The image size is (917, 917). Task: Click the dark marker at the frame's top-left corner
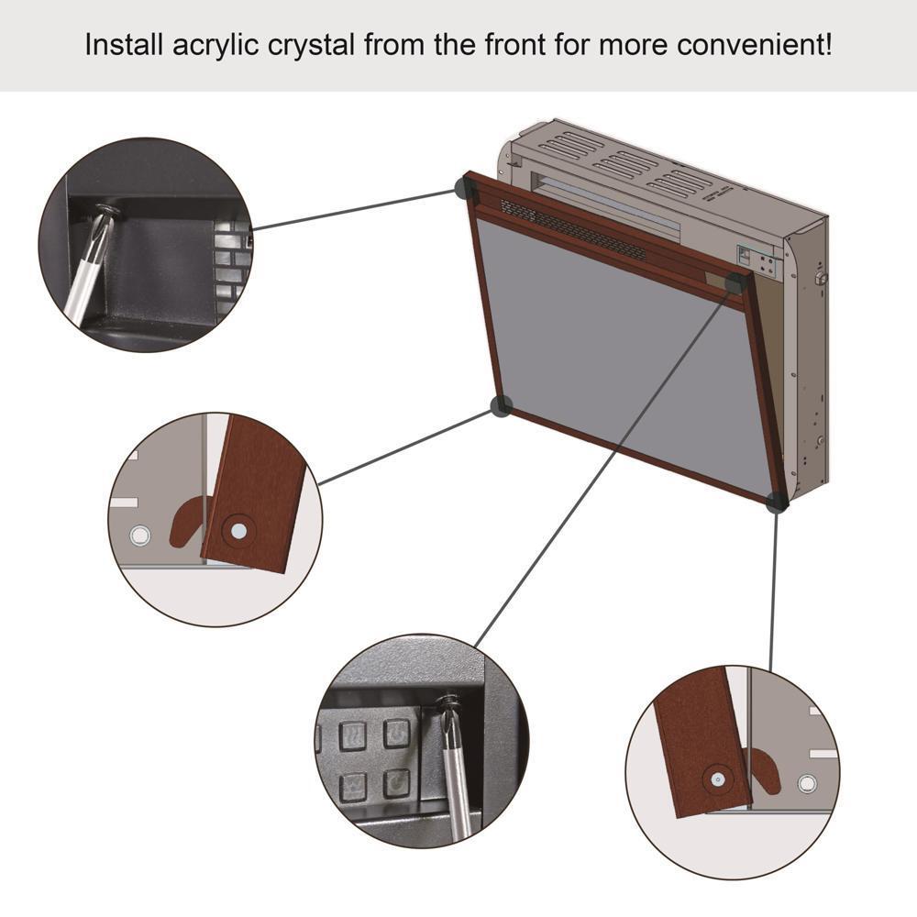466,190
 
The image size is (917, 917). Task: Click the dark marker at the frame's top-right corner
735,282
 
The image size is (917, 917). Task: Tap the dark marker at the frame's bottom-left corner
501,406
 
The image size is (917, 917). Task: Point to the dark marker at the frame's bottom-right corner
776,502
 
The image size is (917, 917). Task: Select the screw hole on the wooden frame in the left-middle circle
238,529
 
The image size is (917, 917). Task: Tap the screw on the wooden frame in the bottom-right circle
716,779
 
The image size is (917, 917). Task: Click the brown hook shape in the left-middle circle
189,521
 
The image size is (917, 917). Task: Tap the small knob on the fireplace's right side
822,276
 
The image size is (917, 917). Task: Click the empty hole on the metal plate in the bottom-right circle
806,782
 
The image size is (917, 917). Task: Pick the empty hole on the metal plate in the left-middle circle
139,534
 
